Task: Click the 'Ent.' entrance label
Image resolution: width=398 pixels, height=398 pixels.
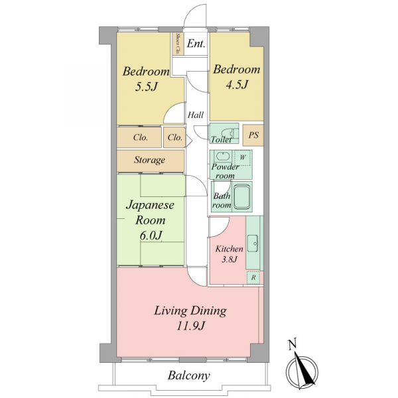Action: point(196,44)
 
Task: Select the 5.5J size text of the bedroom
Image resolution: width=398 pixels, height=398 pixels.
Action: point(146,87)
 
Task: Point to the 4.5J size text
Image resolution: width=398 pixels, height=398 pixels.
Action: point(236,85)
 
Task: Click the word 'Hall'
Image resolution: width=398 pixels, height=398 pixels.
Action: point(196,115)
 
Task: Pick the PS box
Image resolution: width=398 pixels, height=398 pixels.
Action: point(253,135)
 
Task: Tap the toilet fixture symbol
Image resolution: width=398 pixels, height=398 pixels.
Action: point(230,133)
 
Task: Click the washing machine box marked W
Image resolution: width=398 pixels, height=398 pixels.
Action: point(243,158)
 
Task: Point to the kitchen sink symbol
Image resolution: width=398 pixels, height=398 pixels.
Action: point(253,243)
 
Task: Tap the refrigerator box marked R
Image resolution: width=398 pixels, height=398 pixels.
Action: point(253,277)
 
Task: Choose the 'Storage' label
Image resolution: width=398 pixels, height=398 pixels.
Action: point(150,160)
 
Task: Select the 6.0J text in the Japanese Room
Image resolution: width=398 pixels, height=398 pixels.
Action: point(151,235)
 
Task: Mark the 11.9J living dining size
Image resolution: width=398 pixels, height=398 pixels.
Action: point(190,326)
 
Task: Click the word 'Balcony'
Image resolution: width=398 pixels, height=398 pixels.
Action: point(189,375)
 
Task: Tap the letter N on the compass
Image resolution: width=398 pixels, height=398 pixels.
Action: point(293,345)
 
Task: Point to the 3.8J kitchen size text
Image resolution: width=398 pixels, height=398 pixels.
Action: point(230,259)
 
